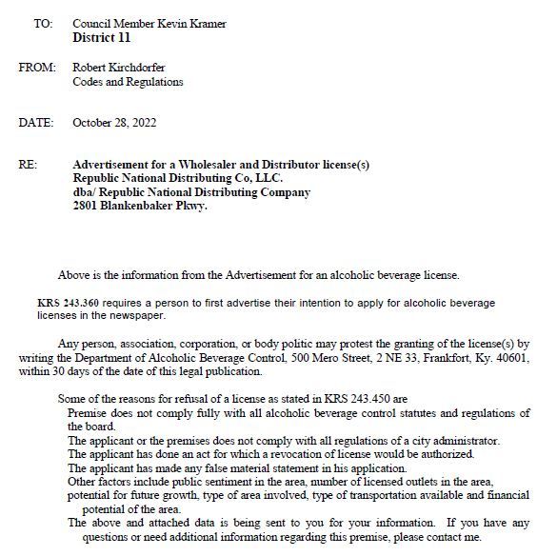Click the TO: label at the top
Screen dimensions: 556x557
tap(43, 24)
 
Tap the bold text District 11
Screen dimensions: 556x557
tap(101, 38)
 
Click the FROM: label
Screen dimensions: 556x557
tap(38, 68)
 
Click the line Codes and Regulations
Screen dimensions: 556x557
tap(128, 82)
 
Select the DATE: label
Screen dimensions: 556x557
tap(37, 123)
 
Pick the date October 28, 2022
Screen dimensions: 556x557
tap(114, 123)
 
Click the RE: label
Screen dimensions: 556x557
tap(29, 165)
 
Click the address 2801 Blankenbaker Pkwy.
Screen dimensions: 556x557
tap(140, 206)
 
